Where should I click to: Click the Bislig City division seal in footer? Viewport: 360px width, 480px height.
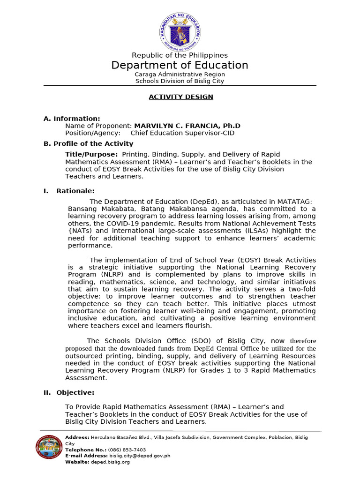click(49, 447)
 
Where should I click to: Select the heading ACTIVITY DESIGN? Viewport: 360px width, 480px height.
click(180, 97)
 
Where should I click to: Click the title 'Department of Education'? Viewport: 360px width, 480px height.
click(180, 65)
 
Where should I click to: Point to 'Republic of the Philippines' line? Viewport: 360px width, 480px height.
click(180, 55)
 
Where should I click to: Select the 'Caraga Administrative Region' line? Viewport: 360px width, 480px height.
click(180, 74)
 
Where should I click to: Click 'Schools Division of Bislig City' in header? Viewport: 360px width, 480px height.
click(180, 81)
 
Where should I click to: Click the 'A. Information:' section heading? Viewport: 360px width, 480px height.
click(72, 119)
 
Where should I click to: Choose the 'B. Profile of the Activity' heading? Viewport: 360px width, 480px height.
click(88, 143)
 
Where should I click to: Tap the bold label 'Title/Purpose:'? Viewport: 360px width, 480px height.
click(91, 154)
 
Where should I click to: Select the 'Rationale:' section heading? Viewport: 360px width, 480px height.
click(75, 191)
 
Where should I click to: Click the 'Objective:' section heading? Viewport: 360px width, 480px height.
click(75, 392)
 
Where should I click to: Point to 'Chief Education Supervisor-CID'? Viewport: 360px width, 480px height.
click(182, 133)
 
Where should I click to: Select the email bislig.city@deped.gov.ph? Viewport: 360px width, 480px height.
click(139, 456)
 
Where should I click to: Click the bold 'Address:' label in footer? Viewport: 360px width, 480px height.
click(77, 437)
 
